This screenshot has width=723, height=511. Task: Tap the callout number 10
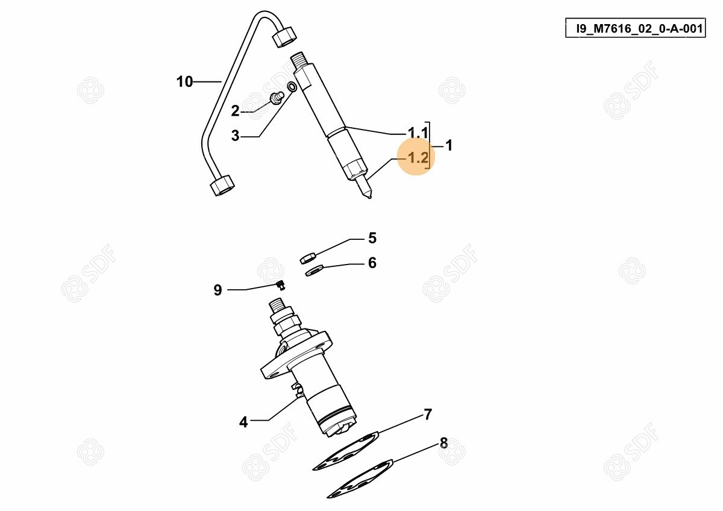184,82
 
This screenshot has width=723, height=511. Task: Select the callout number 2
236,111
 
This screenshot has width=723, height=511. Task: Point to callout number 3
236,136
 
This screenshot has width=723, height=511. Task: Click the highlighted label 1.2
418,157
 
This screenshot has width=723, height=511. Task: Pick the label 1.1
418,133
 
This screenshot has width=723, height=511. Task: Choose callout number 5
372,238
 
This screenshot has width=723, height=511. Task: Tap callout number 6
372,263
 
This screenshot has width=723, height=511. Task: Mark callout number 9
218,290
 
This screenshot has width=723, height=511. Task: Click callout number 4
243,422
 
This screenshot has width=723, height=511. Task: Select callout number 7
428,415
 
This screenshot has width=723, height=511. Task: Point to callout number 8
444,444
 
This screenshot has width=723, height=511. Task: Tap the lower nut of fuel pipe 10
222,185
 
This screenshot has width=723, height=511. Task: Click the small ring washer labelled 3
292,87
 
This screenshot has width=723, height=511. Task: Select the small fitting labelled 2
277,98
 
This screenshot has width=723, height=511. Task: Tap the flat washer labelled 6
315,270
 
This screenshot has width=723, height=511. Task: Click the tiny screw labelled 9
281,284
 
